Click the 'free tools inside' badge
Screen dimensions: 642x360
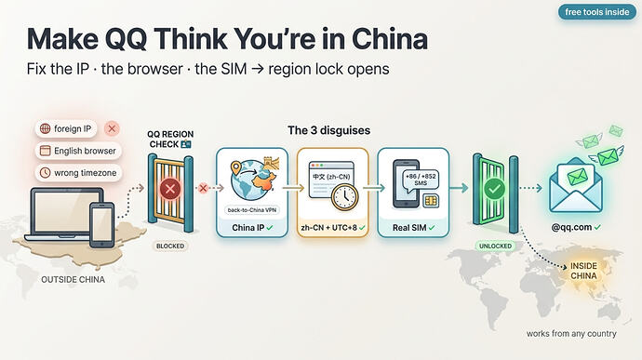coord(597,12)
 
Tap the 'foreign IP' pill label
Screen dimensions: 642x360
coord(66,128)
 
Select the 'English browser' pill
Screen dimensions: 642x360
coord(78,151)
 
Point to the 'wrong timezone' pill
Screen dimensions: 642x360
coord(78,173)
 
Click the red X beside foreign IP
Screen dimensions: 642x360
coord(112,129)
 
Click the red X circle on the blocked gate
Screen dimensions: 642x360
coord(170,189)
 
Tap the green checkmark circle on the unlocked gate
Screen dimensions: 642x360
coord(495,189)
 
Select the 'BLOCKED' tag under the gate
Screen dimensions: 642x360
coord(170,247)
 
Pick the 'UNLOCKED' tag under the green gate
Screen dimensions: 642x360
coord(495,247)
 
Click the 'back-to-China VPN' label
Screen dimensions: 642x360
coord(252,210)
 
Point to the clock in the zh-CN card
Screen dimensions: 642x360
coord(344,197)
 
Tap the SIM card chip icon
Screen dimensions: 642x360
coord(430,201)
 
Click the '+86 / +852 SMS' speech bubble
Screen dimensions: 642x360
coord(421,180)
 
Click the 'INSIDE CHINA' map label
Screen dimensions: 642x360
coord(584,271)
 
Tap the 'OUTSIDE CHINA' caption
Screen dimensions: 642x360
coord(73,280)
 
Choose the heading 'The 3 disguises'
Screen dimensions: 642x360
coord(328,130)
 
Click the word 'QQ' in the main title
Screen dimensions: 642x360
coord(126,39)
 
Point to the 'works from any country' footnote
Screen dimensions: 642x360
coord(571,334)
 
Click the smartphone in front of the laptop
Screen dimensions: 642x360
coord(102,225)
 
